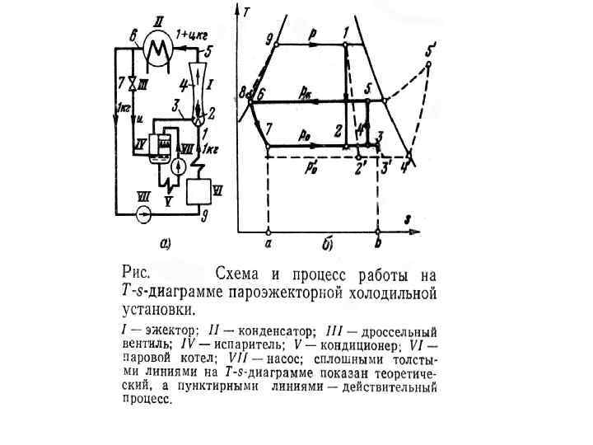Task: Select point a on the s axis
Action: (268, 243)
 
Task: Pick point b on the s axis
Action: (377, 244)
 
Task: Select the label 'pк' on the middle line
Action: (306, 92)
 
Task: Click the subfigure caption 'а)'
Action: (165, 242)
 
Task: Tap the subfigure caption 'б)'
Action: (327, 244)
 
